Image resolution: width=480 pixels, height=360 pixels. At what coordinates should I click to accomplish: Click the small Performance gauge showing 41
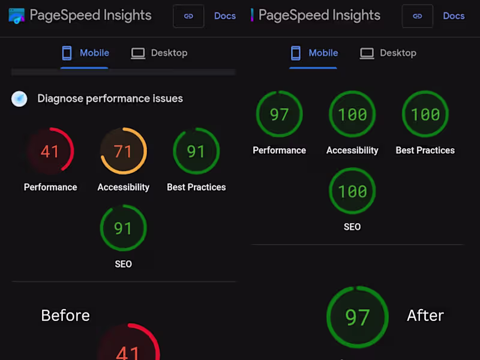point(50,151)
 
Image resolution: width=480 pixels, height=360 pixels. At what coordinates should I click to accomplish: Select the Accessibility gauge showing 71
point(123,151)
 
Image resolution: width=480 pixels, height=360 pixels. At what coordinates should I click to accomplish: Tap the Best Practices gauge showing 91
point(196,151)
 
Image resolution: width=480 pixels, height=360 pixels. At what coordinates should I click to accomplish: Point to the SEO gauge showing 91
point(123,228)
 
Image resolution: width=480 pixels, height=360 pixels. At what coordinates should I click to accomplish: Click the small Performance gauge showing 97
point(280,114)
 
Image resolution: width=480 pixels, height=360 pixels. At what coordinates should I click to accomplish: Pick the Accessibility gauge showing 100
point(352,114)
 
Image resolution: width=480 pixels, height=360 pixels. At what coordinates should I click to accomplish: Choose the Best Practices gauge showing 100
point(425,114)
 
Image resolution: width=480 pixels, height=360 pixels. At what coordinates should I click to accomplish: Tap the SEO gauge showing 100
point(352,191)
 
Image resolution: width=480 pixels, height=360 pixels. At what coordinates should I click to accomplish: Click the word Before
point(65,316)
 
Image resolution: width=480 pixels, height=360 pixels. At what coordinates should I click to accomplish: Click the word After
point(425,316)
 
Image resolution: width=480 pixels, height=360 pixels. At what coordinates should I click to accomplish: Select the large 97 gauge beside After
point(358,317)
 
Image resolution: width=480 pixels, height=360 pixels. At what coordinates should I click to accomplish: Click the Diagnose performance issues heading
point(110,98)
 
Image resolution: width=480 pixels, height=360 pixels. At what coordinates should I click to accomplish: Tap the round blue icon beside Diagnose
point(20,99)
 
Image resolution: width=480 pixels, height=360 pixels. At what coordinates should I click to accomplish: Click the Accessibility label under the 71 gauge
point(123,187)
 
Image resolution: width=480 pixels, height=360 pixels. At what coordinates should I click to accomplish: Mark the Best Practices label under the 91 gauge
point(196,187)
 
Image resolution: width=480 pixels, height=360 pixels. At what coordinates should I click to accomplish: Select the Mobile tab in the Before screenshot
point(85,53)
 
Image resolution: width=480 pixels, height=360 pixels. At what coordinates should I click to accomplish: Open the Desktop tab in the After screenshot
point(388,53)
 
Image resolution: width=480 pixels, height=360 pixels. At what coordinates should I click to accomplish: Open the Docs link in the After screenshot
point(454,16)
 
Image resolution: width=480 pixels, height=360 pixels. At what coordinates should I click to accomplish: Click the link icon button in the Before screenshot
point(188,16)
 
